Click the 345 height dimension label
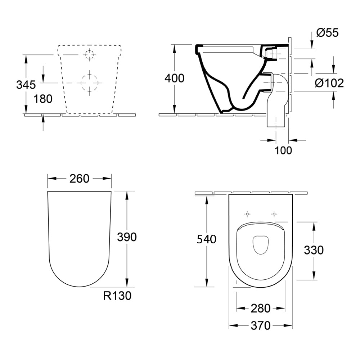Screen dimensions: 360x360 coord(26,85)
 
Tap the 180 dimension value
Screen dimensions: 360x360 coord(43,99)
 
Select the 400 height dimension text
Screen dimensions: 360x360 coord(174,78)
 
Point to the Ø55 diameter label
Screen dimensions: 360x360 coord(327,33)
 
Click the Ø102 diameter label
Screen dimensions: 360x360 coord(329,83)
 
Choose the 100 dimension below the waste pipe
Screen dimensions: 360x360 coord(283,150)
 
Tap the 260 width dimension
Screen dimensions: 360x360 coord(79,178)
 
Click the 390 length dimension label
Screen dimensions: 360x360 coord(127,237)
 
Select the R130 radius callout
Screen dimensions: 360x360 coord(117,296)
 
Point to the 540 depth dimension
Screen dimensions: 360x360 coord(206,239)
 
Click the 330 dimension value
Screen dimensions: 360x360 coord(314,250)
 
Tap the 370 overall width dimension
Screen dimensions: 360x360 coord(260,326)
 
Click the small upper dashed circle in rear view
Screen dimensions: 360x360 coord(89,54)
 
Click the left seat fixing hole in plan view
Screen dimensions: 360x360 coord(247,214)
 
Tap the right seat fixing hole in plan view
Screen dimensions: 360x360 coord(274,214)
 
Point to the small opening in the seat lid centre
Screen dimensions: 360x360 coord(260,245)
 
